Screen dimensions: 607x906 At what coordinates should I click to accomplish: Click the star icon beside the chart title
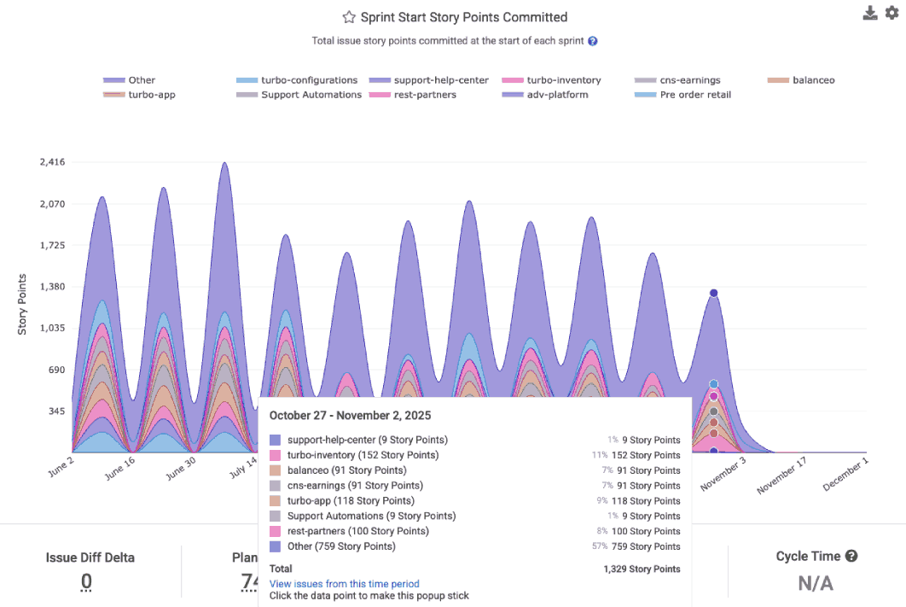[348, 17]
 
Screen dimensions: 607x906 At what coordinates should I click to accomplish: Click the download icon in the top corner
[870, 13]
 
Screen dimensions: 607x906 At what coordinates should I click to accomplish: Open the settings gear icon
[892, 13]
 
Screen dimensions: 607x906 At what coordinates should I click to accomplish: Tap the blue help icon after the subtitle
[592, 41]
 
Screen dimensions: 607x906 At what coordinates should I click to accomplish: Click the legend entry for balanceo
[813, 80]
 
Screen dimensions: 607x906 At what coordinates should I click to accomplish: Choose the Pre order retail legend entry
[695, 95]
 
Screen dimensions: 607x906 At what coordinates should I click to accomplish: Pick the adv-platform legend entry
[557, 95]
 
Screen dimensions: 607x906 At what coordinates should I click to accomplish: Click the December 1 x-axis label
[845, 473]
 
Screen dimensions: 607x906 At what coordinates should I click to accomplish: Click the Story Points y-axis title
[23, 304]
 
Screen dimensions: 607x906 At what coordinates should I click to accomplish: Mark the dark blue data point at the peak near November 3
[713, 294]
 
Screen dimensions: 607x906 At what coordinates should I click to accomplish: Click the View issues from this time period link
[345, 583]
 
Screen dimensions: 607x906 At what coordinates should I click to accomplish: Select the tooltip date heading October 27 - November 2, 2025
[350, 416]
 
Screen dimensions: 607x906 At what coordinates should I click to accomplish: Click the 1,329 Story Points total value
[642, 569]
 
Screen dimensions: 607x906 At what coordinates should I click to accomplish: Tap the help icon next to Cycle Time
[851, 556]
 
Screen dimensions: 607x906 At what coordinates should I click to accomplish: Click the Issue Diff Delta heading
[90, 557]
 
